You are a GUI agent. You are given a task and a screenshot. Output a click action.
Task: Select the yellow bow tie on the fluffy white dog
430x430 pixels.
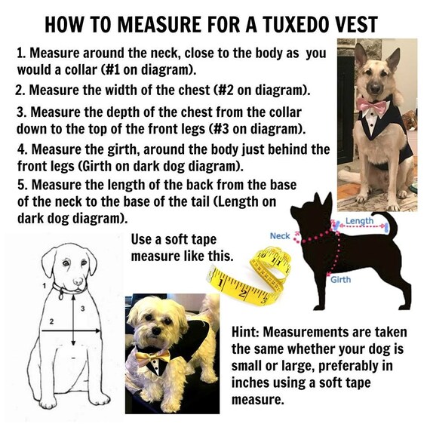click(x=152, y=357)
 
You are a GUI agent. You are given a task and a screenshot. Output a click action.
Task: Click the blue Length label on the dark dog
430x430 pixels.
click(x=360, y=221)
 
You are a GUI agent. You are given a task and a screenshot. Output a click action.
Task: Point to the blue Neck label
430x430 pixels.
click(x=280, y=236)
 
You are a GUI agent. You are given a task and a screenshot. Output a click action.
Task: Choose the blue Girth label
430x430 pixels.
click(x=340, y=280)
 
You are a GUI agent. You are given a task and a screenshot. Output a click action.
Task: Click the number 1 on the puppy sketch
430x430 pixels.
click(x=44, y=286)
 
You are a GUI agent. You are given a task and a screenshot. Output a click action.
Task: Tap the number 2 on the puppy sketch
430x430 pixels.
click(x=51, y=321)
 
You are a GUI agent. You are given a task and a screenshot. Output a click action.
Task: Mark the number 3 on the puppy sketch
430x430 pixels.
click(x=82, y=309)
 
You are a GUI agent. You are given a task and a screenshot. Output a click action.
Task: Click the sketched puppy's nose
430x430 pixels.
click(x=78, y=281)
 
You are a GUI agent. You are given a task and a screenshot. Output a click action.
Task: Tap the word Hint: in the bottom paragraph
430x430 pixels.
click(x=245, y=332)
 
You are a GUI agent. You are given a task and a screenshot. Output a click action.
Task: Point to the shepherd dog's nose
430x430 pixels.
click(x=375, y=88)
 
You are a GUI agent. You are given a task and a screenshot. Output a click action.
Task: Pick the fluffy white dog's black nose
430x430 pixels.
click(x=157, y=331)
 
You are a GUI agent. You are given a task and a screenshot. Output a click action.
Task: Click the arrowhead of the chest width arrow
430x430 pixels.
click(x=98, y=331)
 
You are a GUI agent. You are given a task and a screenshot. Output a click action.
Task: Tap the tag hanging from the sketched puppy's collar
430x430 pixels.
click(x=61, y=296)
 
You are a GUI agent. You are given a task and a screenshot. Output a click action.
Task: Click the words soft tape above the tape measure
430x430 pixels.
click(x=191, y=239)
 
